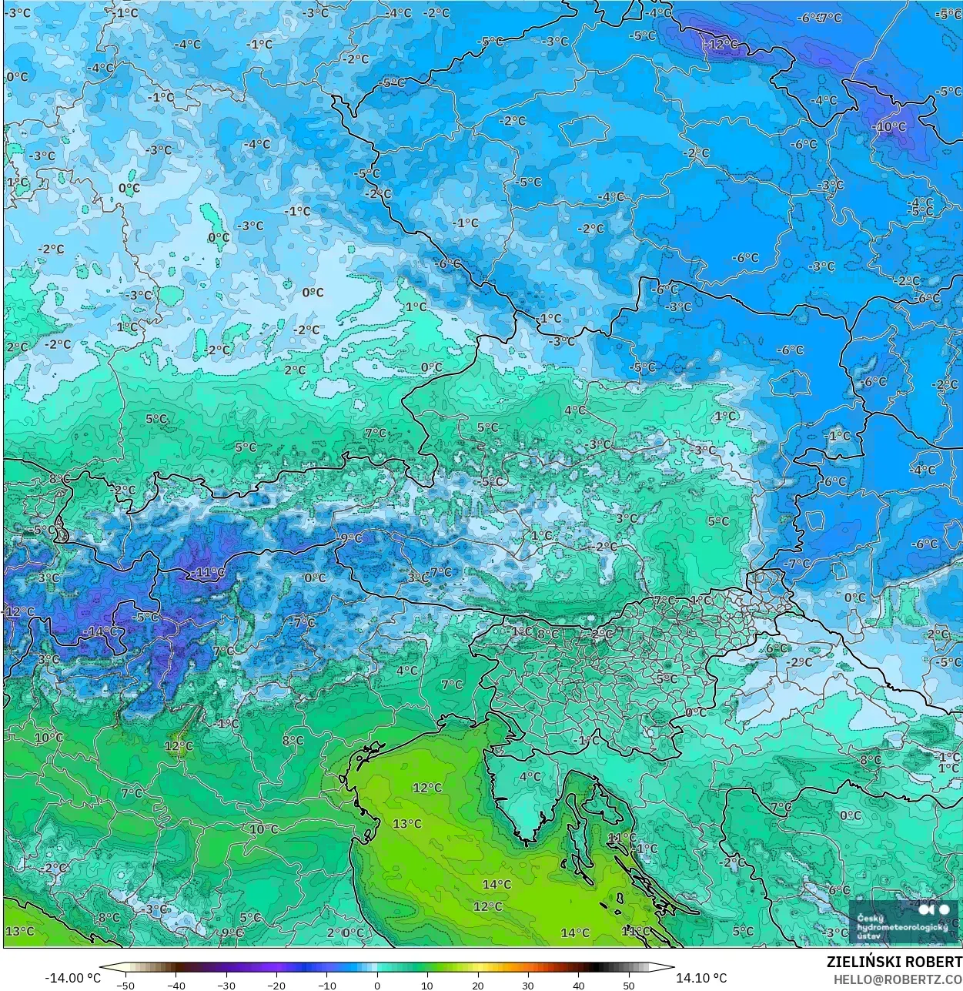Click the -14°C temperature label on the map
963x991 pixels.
click(100, 631)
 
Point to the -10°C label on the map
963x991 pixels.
click(889, 127)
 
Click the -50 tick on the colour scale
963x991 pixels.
click(125, 986)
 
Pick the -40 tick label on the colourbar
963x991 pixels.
click(176, 986)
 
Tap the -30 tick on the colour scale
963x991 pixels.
click(226, 986)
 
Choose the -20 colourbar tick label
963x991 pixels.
click(276, 986)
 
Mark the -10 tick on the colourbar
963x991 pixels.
click(326, 986)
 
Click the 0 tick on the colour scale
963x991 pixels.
click(377, 986)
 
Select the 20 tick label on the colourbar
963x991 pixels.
click(478, 986)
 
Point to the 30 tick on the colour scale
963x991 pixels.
click(528, 986)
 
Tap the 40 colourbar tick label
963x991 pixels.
click(579, 986)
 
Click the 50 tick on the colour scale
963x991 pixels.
click(629, 986)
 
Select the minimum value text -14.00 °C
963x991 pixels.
click(72, 978)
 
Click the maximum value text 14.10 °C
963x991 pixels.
click(701, 978)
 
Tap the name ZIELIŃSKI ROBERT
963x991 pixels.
click(894, 962)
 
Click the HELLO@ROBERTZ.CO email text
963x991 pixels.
click(898, 979)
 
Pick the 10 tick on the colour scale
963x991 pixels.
click(427, 986)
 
